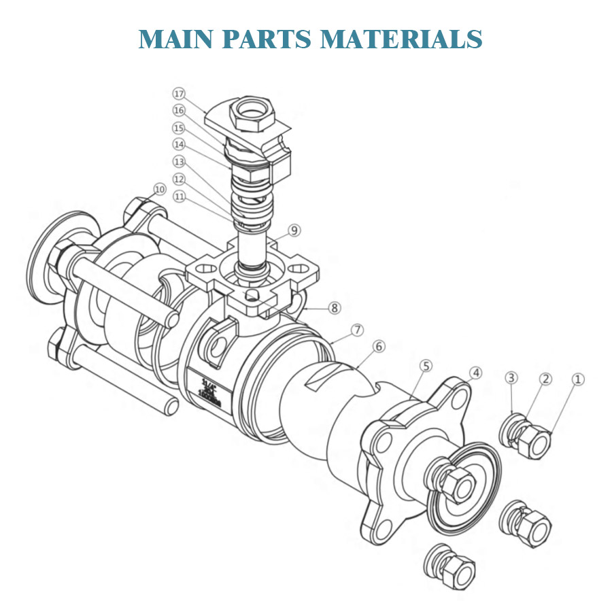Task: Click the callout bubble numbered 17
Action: coord(179,93)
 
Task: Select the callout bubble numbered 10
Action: coord(159,189)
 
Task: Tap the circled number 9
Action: coord(294,230)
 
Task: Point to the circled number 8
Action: coord(335,307)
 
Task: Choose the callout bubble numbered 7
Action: coord(358,330)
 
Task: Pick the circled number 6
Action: coord(379,346)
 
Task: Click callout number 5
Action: coord(426,366)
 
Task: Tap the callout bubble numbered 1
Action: coord(577,379)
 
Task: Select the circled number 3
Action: coord(511,377)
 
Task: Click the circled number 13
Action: coord(179,162)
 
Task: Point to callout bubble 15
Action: coord(179,128)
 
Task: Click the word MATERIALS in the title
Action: coord(401,38)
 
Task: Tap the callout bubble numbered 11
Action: coord(179,196)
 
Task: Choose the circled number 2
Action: coord(546,379)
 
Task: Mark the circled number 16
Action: coord(179,110)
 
